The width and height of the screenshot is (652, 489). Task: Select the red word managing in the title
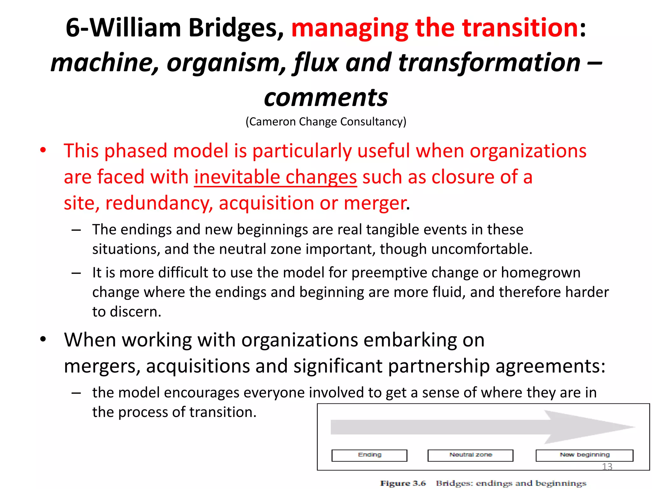[x=350, y=28]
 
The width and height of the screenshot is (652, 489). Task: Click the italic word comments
[x=326, y=97]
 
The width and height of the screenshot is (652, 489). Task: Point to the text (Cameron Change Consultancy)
[x=326, y=122]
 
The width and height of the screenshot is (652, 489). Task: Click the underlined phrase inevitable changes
[x=275, y=177]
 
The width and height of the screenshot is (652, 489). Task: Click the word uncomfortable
[x=481, y=249]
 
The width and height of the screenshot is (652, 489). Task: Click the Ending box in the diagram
[x=369, y=455]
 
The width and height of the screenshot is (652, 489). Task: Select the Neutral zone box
[x=470, y=455]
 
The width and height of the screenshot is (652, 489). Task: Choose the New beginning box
[x=585, y=455]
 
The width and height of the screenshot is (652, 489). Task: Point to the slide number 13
[x=607, y=467]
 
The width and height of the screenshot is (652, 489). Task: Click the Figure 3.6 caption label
[x=403, y=483]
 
